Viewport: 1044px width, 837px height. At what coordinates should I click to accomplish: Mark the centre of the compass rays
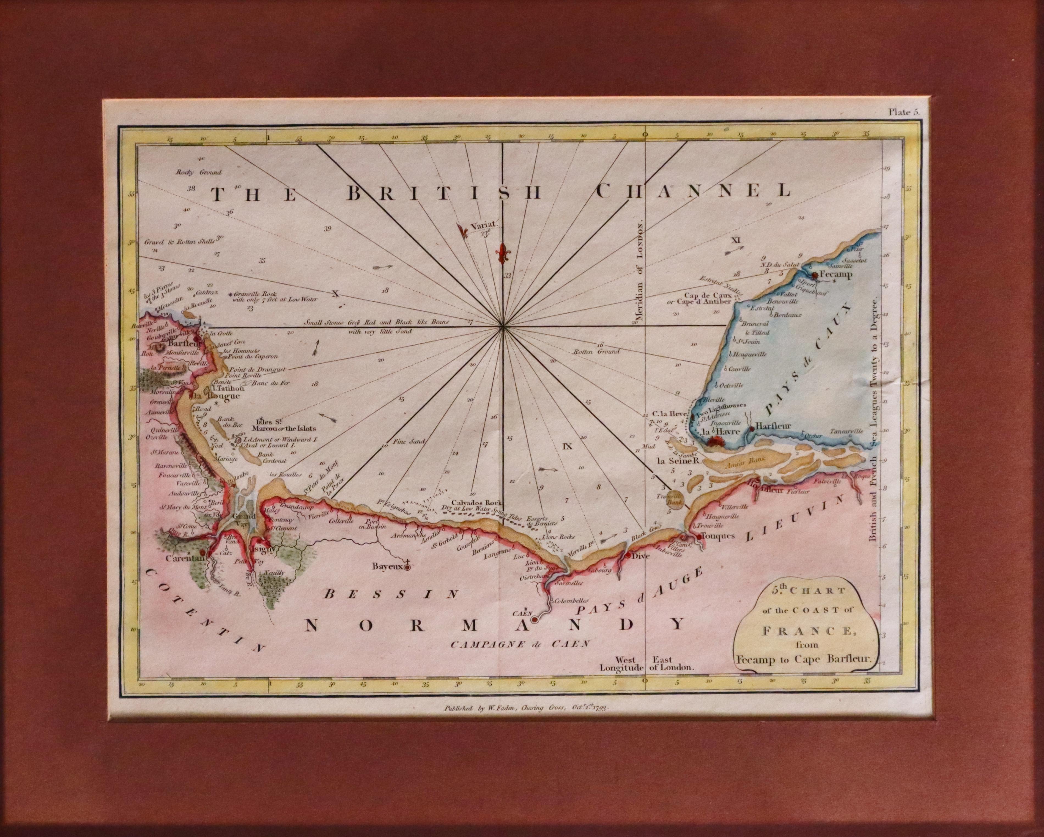click(504, 327)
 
